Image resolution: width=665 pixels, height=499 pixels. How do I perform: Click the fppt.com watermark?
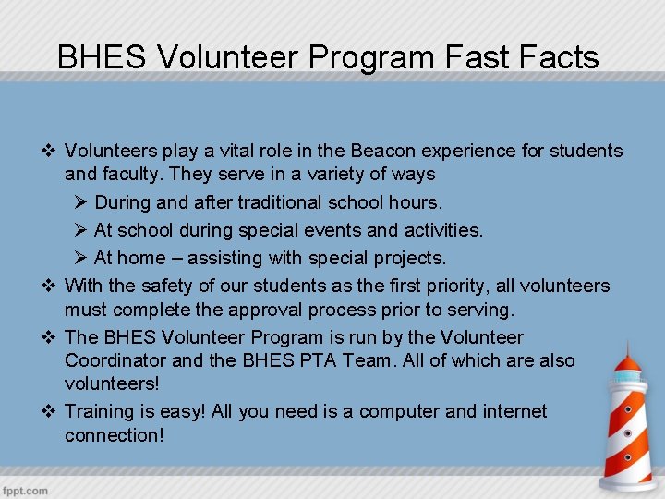click(25, 490)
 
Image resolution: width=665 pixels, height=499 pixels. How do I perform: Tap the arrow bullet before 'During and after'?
click(79, 201)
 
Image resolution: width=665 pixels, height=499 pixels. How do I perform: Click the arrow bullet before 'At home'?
click(79, 257)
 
